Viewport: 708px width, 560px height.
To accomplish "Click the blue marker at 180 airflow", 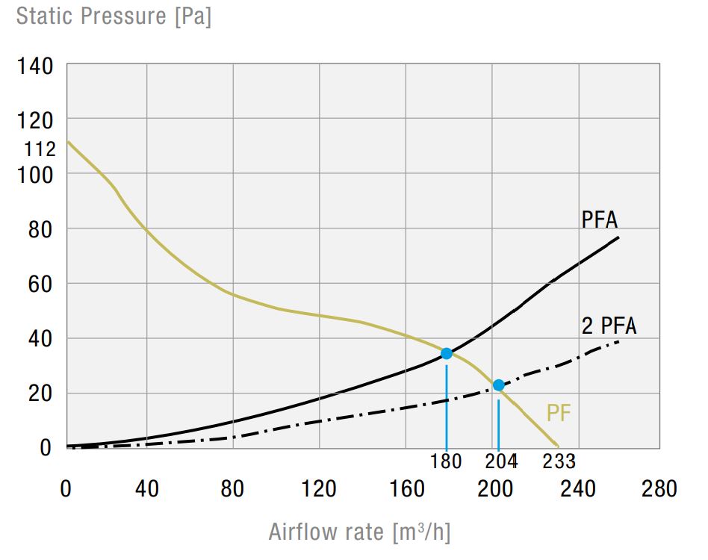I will tap(447, 353).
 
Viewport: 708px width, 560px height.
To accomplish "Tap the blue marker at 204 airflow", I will tap(498, 385).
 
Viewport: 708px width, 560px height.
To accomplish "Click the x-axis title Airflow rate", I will tap(359, 532).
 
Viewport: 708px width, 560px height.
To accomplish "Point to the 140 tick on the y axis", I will tap(35, 66).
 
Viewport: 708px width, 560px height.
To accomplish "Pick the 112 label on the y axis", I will tap(40, 149).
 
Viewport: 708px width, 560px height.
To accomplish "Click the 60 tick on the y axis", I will tap(41, 284).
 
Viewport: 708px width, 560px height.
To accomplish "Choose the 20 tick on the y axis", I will tap(41, 393).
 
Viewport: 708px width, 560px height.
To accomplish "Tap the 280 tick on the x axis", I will tap(658, 490).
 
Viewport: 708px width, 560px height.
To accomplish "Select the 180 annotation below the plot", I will tap(446, 461).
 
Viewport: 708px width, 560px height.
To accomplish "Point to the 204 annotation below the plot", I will tap(500, 461).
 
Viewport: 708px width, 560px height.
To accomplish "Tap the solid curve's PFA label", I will tap(600, 220).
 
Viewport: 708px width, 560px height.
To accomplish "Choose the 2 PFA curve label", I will tap(609, 326).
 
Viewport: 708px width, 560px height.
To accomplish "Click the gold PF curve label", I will tap(559, 413).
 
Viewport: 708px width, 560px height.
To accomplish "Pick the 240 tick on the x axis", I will tap(577, 490).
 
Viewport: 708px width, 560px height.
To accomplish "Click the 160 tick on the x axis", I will tap(406, 490).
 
